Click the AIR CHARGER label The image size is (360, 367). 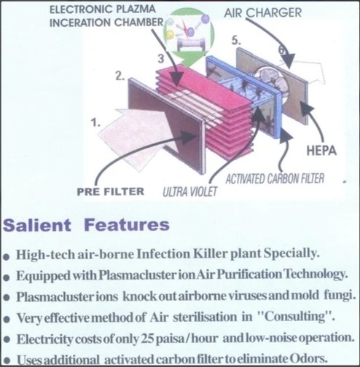pyautogui.click(x=262, y=12)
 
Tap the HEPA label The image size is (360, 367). pyautogui.click(x=321, y=151)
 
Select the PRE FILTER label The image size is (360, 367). pyautogui.click(x=111, y=192)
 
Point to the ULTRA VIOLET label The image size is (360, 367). pyautogui.click(x=189, y=192)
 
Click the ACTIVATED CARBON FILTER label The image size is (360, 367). pyautogui.click(x=275, y=178)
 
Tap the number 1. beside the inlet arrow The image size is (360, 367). pyautogui.click(x=95, y=122)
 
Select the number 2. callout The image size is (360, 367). pyautogui.click(x=120, y=76)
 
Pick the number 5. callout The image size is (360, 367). pyautogui.click(x=236, y=40)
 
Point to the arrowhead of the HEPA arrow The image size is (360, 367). pyautogui.click(x=305, y=108)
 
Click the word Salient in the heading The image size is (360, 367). pyautogui.click(x=37, y=225)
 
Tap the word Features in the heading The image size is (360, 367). pyautogui.click(x=127, y=225)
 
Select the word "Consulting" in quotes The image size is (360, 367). pyautogui.click(x=294, y=317)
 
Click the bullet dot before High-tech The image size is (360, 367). pyautogui.click(x=7, y=257)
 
